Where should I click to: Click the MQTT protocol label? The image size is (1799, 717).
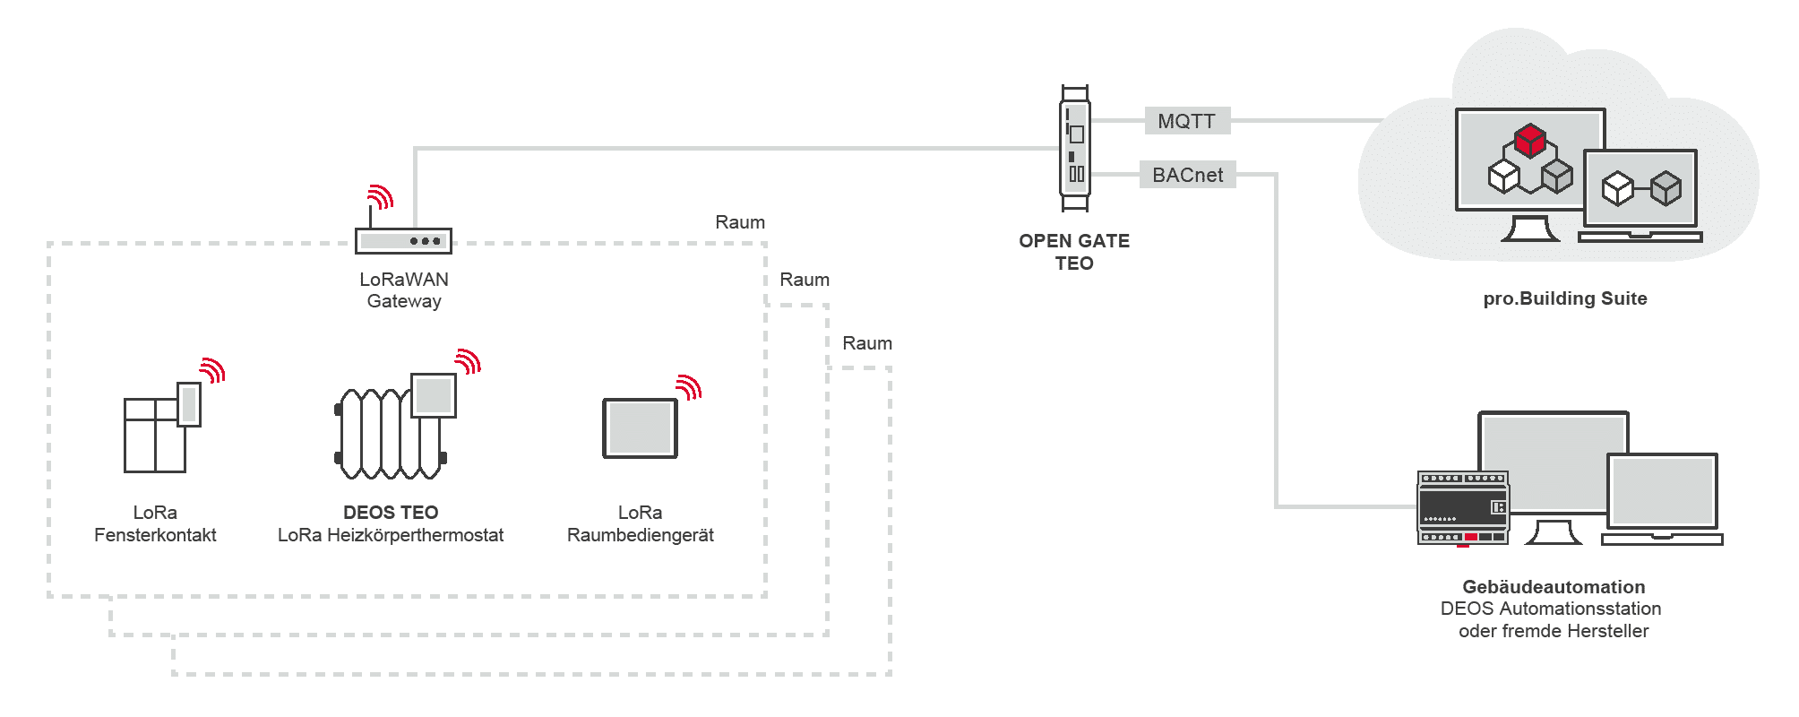coord(1186,121)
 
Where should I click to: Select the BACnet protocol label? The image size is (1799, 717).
coord(1187,175)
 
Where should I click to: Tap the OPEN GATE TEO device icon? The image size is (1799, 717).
coord(1074,149)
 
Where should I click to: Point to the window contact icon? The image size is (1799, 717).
coord(162,428)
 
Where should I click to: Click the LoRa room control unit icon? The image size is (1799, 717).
coord(640,428)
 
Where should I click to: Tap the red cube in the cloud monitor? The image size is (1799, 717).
coord(1530,141)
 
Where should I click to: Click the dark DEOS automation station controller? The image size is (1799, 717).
coord(1463,507)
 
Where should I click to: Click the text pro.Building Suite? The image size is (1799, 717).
coord(1565,298)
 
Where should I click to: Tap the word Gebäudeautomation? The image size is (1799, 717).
coord(1554,587)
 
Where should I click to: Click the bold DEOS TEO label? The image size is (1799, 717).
coord(391,513)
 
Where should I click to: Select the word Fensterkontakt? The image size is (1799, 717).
coord(155,535)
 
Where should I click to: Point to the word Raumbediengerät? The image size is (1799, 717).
coord(641,535)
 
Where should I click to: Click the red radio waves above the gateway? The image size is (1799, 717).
coord(382,196)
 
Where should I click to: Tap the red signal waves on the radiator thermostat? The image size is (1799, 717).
coord(469,361)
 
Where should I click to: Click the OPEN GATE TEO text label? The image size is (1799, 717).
coord(1074,252)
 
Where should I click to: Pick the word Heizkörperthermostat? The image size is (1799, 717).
coord(415,535)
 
